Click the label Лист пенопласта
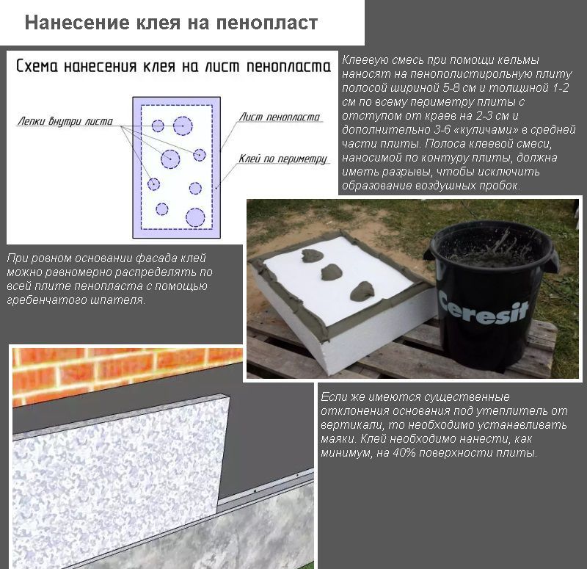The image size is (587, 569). tap(280, 117)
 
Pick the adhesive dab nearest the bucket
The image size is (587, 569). tap(362, 291)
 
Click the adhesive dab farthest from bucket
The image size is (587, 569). tap(311, 255)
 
